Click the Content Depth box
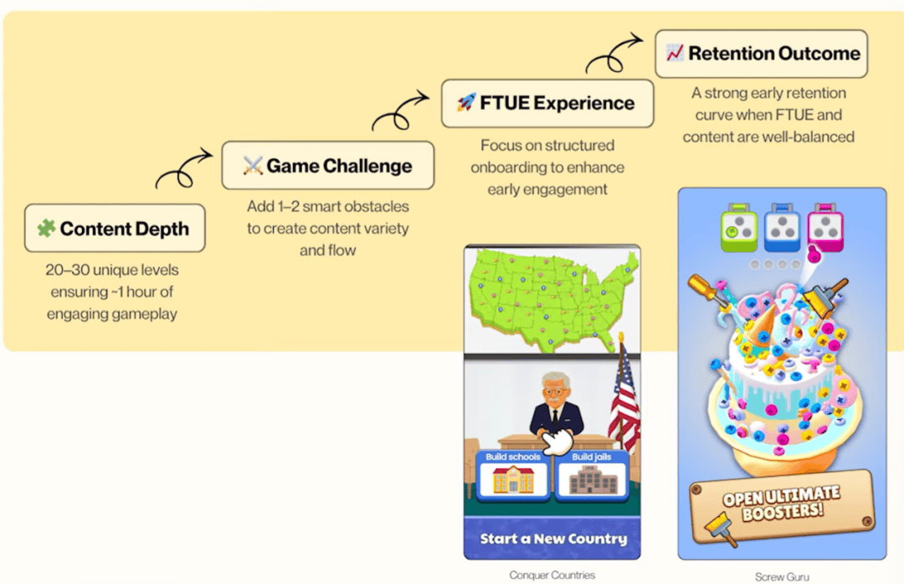coord(115,228)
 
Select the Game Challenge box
coord(328,165)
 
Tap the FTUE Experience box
coord(547,103)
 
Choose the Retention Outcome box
coord(761,54)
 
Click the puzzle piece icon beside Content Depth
coord(46,228)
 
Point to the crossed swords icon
coord(253,165)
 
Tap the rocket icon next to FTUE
coord(466,103)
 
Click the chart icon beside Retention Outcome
coord(675,54)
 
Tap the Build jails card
coord(593,473)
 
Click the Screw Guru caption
coord(781,576)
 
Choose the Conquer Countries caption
coord(552,575)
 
